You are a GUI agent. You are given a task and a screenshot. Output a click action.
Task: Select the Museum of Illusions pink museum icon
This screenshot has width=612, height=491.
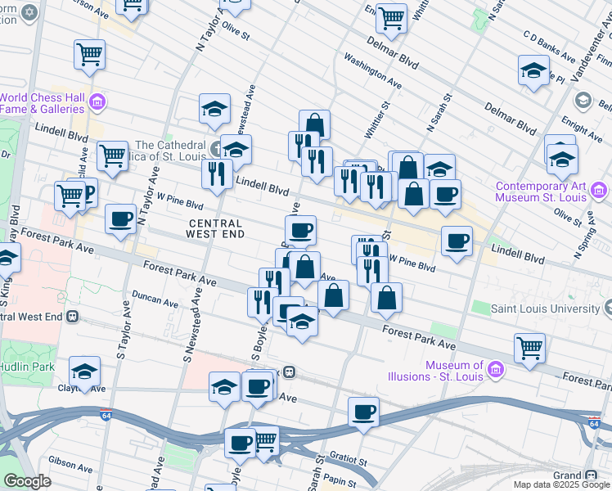pos(494,371)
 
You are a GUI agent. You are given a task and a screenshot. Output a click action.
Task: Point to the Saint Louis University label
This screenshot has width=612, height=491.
pos(544,309)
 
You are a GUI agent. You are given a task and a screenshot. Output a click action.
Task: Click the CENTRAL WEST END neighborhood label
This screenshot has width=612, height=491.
pos(216,228)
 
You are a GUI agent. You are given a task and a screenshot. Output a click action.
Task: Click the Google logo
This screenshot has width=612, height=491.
pos(27,481)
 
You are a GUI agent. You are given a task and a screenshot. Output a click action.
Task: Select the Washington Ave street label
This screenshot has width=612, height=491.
pos(372,71)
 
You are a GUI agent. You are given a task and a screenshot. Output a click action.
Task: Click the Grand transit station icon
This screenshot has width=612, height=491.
pos(591,475)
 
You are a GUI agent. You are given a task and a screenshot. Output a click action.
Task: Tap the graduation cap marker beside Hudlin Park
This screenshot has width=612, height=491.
pos(85,371)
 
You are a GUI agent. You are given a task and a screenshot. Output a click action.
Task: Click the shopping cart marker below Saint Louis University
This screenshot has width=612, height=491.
pos(529,347)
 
